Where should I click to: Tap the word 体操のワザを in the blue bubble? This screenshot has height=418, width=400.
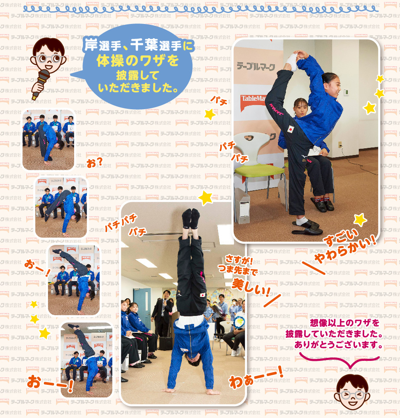click(138, 60)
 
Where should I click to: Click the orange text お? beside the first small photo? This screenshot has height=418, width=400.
click(94, 162)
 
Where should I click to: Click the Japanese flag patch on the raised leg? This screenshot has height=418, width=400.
click(291, 129)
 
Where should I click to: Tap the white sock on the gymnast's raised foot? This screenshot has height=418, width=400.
click(291, 62)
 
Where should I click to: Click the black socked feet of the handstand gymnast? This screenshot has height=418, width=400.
click(191, 218)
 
